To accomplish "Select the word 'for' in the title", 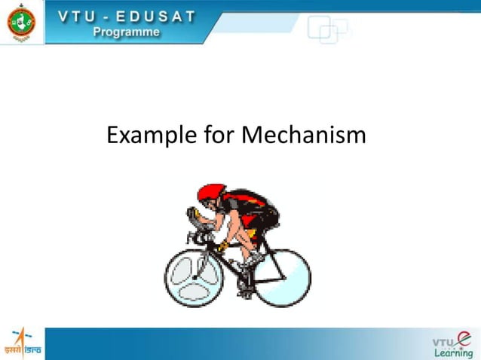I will click(219, 136).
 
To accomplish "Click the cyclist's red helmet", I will click(213, 193).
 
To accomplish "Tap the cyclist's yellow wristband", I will click(222, 246).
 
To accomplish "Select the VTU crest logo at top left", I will click(20, 22).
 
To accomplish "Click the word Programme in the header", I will click(126, 32).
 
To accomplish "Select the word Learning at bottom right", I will click(452, 353).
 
